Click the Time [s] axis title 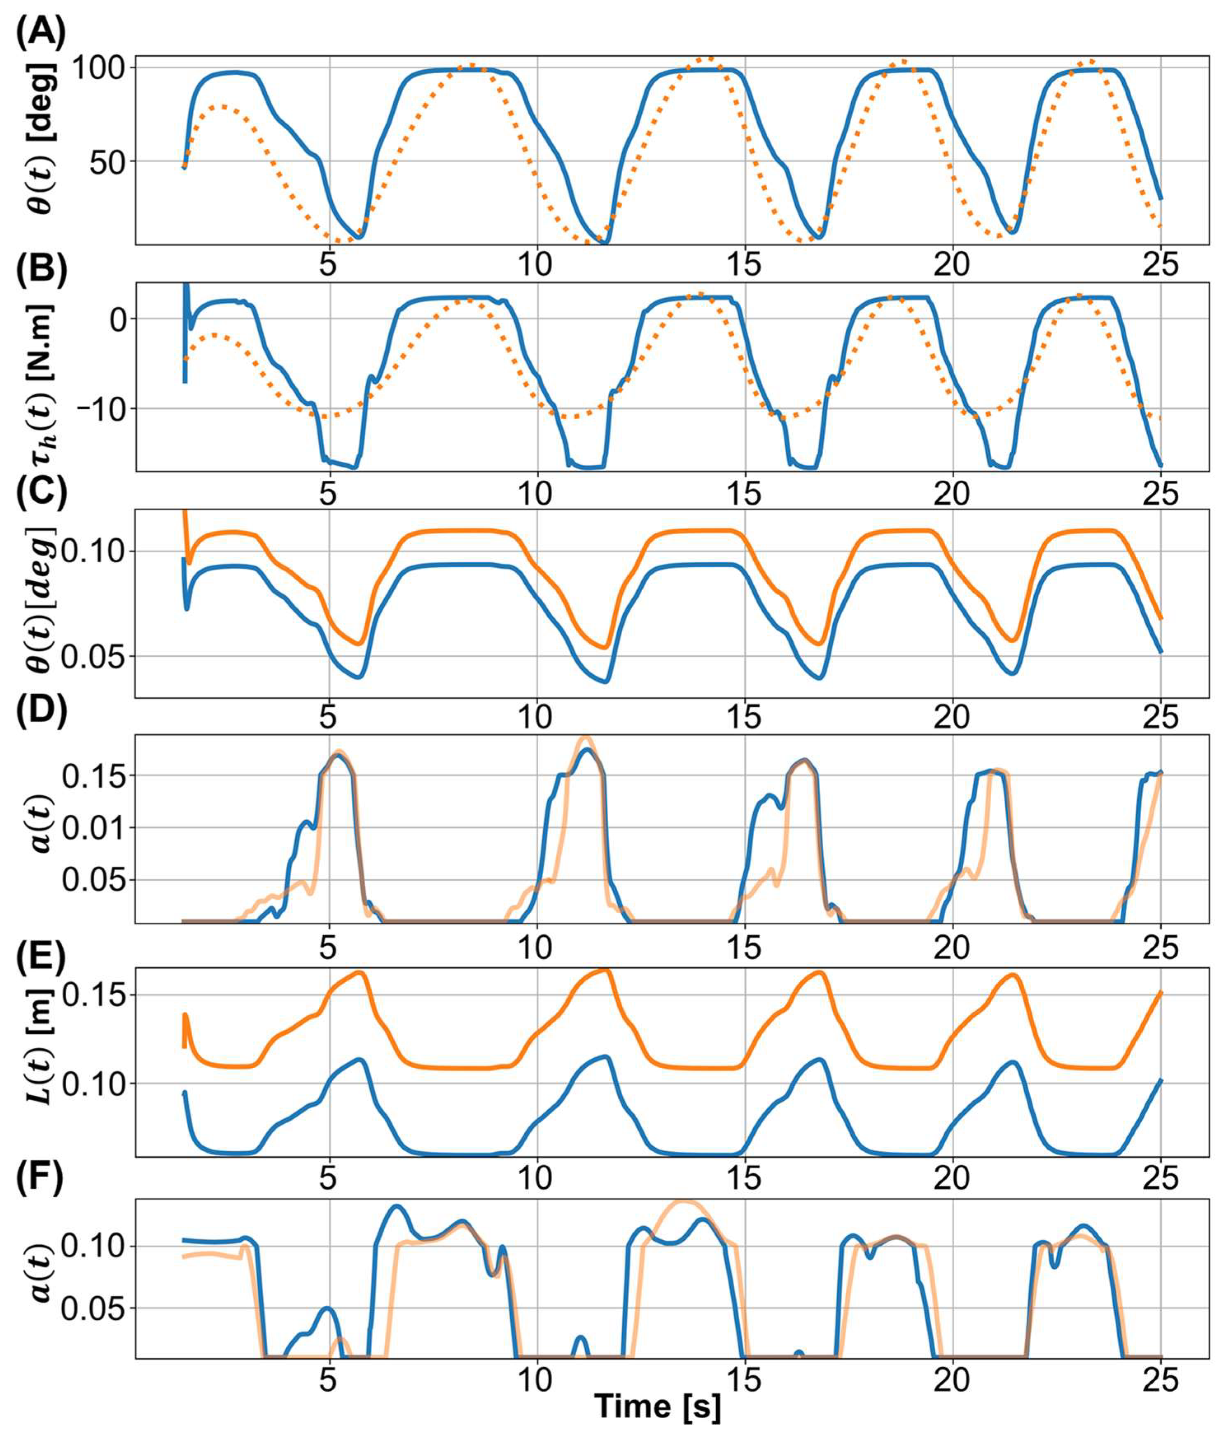(658, 1405)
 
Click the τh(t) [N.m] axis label (43, 378)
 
